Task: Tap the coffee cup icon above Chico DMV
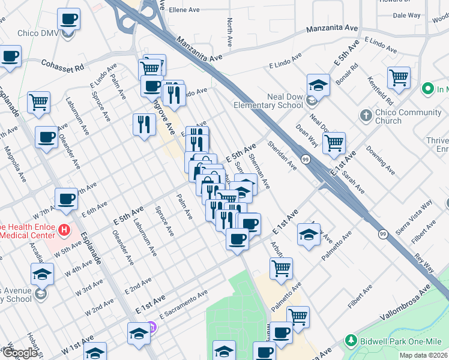point(68,19)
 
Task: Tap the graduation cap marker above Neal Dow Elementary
point(318,85)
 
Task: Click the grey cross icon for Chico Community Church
point(366,115)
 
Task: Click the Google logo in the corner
point(20,353)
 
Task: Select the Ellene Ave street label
point(184,10)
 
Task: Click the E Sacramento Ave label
point(183,304)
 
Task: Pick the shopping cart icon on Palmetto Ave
point(281,268)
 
